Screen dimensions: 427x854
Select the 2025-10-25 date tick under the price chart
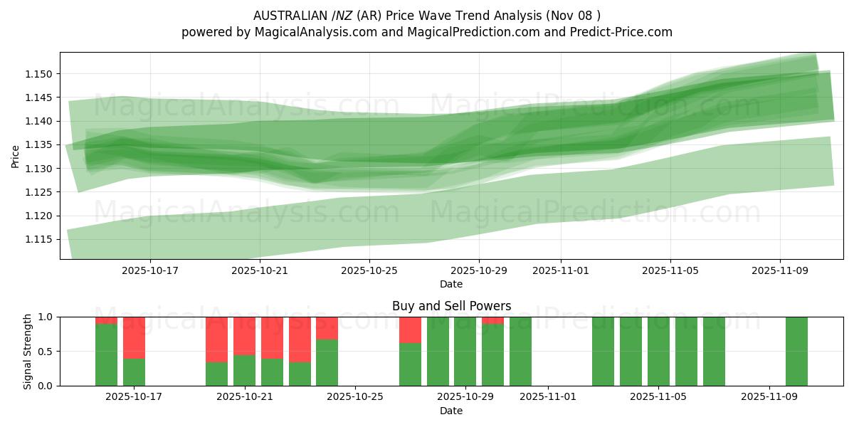pyautogui.click(x=369, y=270)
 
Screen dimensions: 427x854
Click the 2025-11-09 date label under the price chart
pyautogui.click(x=780, y=270)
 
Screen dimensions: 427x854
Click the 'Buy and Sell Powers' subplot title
pyautogui.click(x=451, y=307)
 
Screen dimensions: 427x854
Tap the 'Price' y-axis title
pyautogui.click(x=15, y=156)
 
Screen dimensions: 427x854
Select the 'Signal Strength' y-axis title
pyautogui.click(x=28, y=351)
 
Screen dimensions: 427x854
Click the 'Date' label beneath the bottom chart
pyautogui.click(x=451, y=411)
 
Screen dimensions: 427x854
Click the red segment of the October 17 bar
pyautogui.click(x=134, y=337)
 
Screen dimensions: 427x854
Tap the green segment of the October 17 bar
pyautogui.click(x=134, y=372)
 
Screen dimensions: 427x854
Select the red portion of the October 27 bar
pyautogui.click(x=410, y=330)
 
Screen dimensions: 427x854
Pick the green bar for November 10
pyautogui.click(x=796, y=352)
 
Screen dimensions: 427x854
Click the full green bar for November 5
pyautogui.click(x=658, y=352)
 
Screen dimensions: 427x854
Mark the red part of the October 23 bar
pyautogui.click(x=300, y=339)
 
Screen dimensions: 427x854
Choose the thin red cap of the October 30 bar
pyautogui.click(x=492, y=320)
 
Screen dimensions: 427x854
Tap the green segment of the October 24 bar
pyautogui.click(x=327, y=363)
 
